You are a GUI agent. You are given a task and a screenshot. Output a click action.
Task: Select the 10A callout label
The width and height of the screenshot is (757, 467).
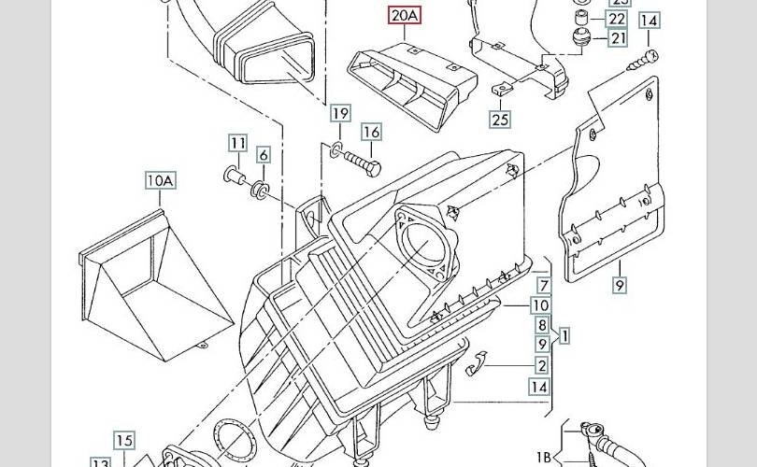[159, 179]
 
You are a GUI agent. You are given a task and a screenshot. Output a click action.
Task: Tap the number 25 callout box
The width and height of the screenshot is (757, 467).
[500, 119]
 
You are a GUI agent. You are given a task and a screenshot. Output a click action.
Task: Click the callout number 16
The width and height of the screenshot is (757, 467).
[371, 132]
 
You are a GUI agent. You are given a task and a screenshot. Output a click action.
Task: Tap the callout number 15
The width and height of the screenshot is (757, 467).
[125, 440]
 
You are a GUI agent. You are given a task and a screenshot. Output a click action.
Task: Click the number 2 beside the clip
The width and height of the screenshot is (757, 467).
[542, 366]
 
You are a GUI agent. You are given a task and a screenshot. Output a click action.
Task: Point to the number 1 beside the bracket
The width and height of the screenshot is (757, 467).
[564, 334]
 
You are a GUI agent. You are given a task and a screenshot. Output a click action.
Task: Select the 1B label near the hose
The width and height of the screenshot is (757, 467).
[544, 457]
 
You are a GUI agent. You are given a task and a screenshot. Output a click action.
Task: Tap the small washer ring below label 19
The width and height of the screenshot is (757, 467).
[334, 148]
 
